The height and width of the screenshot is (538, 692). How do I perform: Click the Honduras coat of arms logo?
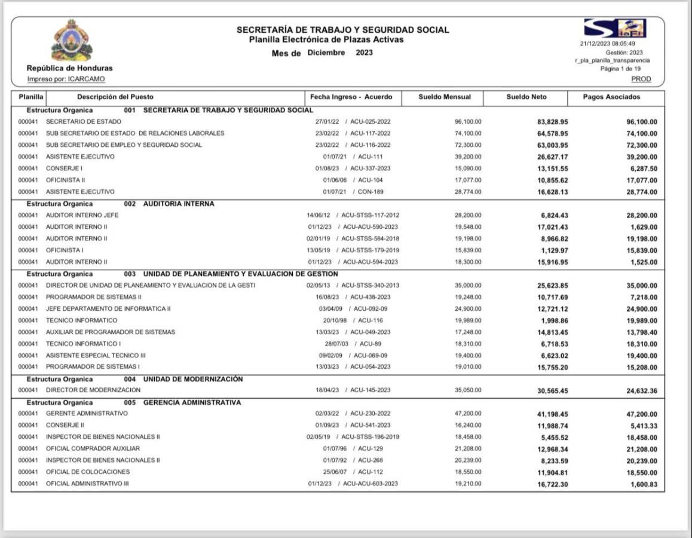pos(72,41)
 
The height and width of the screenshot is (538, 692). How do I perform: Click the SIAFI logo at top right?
pos(615,29)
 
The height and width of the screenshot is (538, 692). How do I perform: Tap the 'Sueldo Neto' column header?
pos(526,97)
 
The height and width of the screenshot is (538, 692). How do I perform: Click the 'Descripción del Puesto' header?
pos(115,97)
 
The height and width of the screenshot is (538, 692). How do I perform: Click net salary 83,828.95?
pos(552,122)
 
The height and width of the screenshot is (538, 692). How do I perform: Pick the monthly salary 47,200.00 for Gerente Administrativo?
pos(468,414)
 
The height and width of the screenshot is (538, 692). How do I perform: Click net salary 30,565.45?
pos(552,390)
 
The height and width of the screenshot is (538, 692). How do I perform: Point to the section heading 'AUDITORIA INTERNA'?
pos(178,204)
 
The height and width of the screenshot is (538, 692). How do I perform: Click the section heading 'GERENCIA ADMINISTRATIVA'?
pos(192,402)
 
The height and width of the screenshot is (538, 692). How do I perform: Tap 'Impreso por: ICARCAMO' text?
pos(66,79)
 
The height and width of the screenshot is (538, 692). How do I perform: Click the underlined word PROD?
pos(641,79)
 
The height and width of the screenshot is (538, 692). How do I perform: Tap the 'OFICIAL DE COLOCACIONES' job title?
pos(88,472)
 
